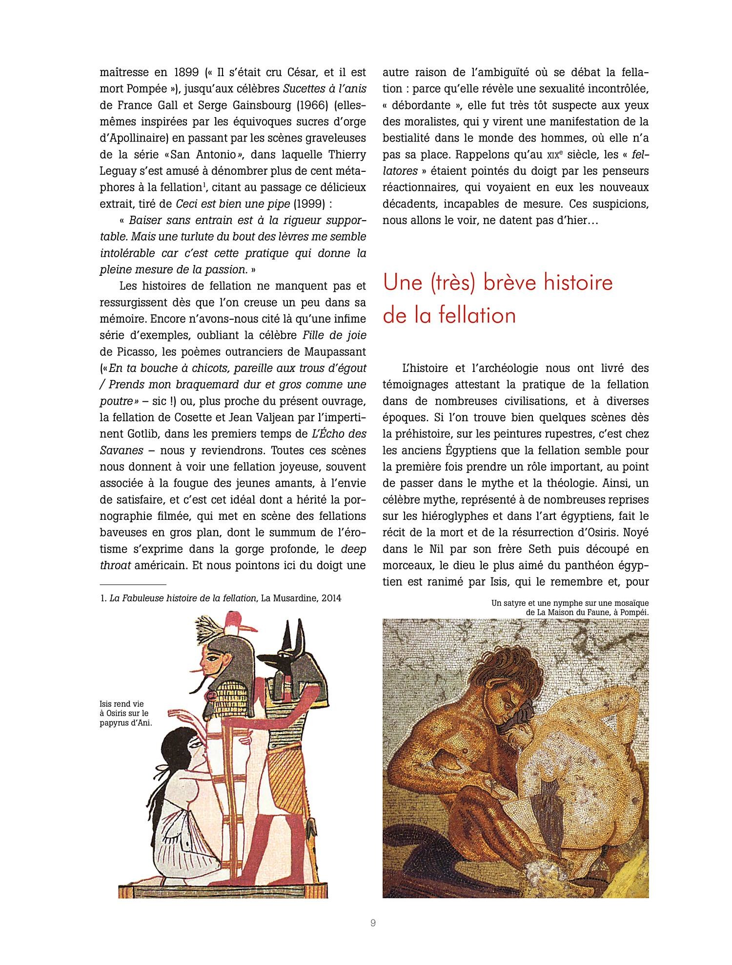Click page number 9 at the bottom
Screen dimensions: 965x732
coord(373,923)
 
